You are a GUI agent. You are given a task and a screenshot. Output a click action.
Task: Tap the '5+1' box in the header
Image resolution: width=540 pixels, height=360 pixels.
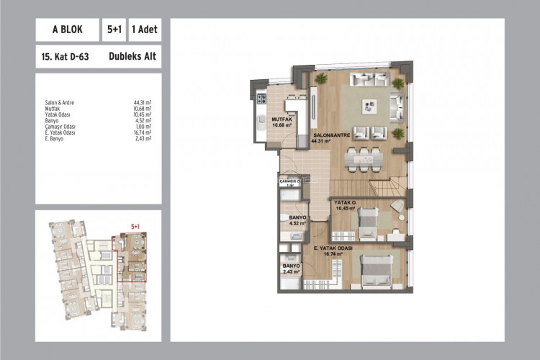coord(114,30)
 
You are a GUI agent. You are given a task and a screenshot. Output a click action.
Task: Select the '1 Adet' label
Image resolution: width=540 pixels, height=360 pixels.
coord(143,30)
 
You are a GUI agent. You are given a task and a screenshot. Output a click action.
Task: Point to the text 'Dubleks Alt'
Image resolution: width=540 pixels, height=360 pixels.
coord(134,55)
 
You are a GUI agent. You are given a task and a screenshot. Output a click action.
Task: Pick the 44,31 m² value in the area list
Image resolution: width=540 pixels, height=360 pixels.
coord(142,103)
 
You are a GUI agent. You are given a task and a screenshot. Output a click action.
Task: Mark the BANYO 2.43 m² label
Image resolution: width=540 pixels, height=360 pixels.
coord(292,268)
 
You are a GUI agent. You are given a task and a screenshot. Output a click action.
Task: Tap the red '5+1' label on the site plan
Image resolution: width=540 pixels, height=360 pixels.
coord(134,226)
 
